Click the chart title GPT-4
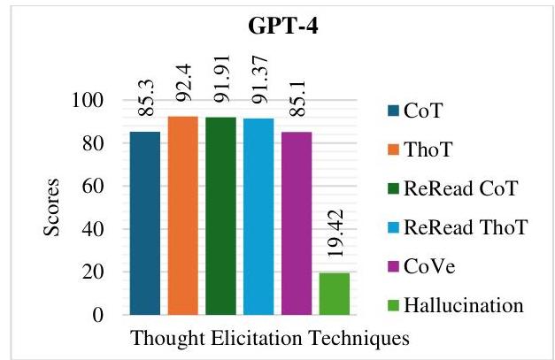click(283, 27)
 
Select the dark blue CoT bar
click(145, 223)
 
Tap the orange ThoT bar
click(183, 215)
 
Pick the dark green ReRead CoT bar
click(221, 216)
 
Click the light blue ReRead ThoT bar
click(258, 217)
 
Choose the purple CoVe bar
click(297, 224)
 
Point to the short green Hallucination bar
click(335, 294)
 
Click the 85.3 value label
click(146, 98)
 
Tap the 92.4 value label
click(184, 83)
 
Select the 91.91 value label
click(221, 79)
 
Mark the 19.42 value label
click(335, 233)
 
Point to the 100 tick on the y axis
click(88, 100)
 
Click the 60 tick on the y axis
click(93, 186)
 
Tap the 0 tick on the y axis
click(98, 315)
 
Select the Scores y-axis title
click(51, 207)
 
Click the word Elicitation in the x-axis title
click(257, 338)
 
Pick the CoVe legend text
click(429, 266)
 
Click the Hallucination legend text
click(464, 305)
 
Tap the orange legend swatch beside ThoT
click(394, 149)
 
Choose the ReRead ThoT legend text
click(466, 227)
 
